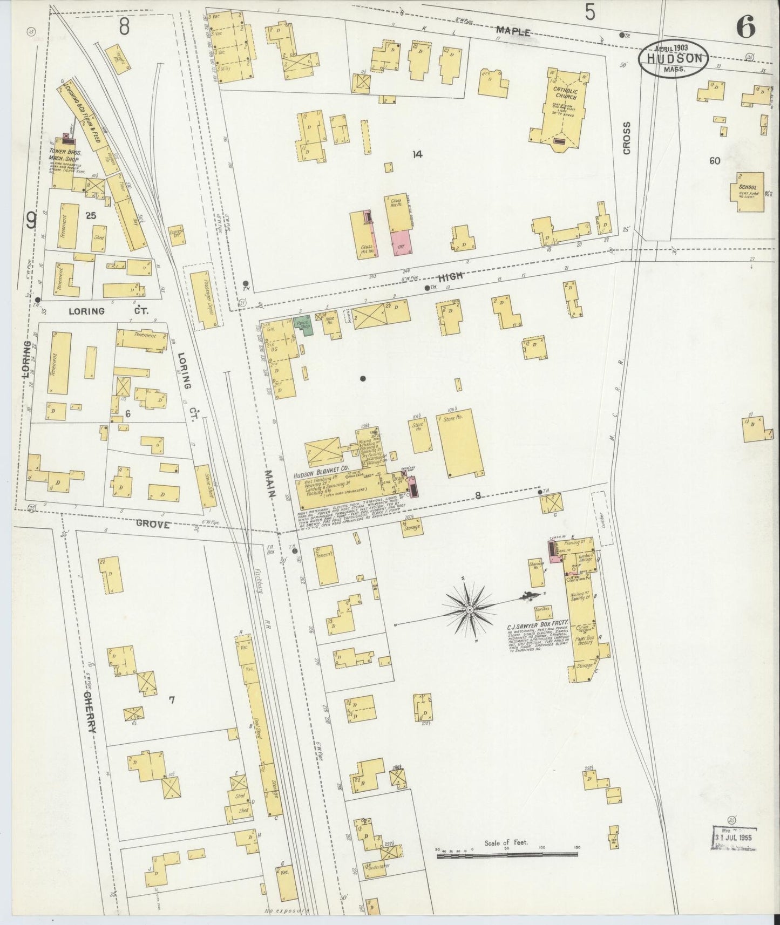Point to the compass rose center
pos(470,609)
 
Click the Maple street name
pos(513,32)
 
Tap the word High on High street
pos(451,276)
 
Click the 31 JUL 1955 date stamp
pos(735,853)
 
